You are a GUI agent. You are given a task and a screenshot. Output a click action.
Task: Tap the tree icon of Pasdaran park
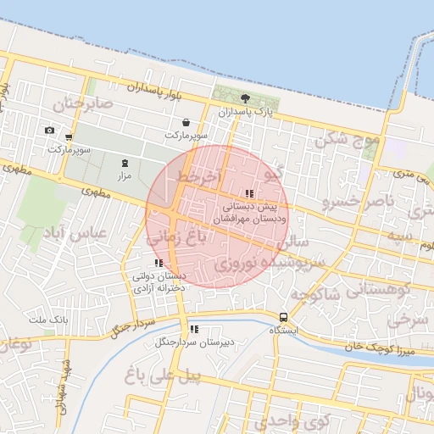[246, 98]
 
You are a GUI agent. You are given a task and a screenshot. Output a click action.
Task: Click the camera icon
[49, 130]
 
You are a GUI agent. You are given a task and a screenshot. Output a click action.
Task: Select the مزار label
[125, 175]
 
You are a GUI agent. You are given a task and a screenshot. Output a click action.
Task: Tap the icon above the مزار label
[125, 162]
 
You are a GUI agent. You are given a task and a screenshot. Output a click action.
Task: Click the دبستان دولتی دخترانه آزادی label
[159, 282]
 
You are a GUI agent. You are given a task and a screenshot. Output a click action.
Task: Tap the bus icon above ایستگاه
[283, 317]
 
